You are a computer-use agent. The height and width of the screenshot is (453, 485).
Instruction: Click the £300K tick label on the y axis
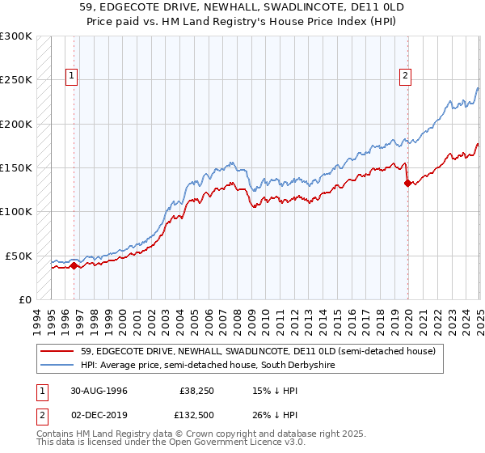pos(15,36)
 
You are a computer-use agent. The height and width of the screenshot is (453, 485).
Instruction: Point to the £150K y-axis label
pos(15,168)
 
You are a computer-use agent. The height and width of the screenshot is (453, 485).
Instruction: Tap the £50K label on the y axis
pos(19,256)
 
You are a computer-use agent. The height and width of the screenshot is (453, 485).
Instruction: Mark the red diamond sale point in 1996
pos(74,265)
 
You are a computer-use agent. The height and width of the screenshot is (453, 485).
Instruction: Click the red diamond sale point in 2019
pos(407,183)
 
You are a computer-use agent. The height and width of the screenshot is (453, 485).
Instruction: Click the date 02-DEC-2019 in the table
pos(99,417)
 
